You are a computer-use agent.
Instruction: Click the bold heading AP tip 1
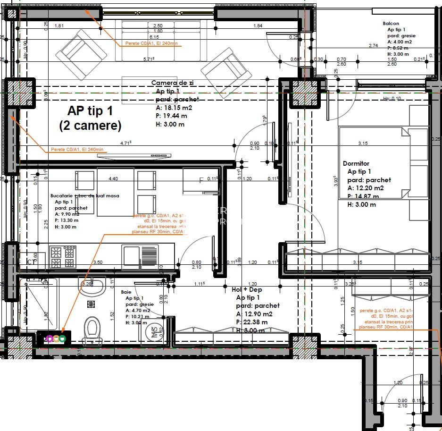pos(90,111)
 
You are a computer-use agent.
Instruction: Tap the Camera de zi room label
pos(172,82)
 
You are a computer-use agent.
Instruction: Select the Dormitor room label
pos(356,163)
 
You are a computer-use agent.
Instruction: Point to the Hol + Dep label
pos(247,289)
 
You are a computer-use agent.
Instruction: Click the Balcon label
pos(391,23)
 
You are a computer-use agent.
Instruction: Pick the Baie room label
pos(126,292)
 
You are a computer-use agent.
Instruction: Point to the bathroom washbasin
pos(92,286)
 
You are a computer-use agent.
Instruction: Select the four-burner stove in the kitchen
pos(63,257)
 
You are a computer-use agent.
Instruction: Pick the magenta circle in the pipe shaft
pos(49,338)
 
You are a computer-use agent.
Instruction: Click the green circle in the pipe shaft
pos(62,338)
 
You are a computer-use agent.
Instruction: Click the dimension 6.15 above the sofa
pos(154,37)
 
